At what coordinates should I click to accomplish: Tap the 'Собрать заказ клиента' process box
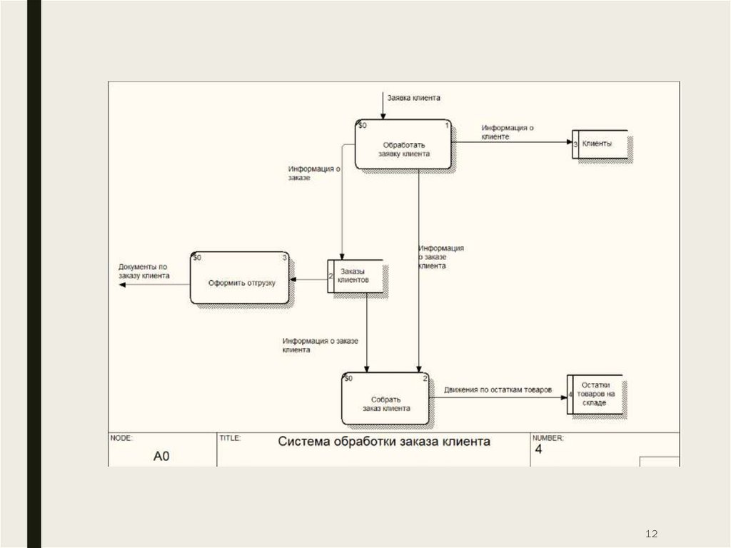[385, 398]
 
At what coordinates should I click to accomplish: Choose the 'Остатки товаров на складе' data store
[597, 393]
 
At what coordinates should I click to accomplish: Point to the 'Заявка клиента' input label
[413, 97]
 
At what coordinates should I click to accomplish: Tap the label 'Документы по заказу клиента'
[143, 271]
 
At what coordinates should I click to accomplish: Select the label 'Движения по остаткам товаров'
[498, 389]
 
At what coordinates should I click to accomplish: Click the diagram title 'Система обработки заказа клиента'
[383, 442]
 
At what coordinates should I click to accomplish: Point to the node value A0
[161, 455]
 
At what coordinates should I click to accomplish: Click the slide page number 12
[650, 533]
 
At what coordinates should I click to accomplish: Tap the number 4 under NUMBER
[539, 450]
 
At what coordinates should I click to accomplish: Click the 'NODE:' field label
[121, 437]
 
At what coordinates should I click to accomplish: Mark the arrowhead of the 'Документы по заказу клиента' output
[122, 284]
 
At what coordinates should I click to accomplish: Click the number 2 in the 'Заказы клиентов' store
[331, 276]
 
